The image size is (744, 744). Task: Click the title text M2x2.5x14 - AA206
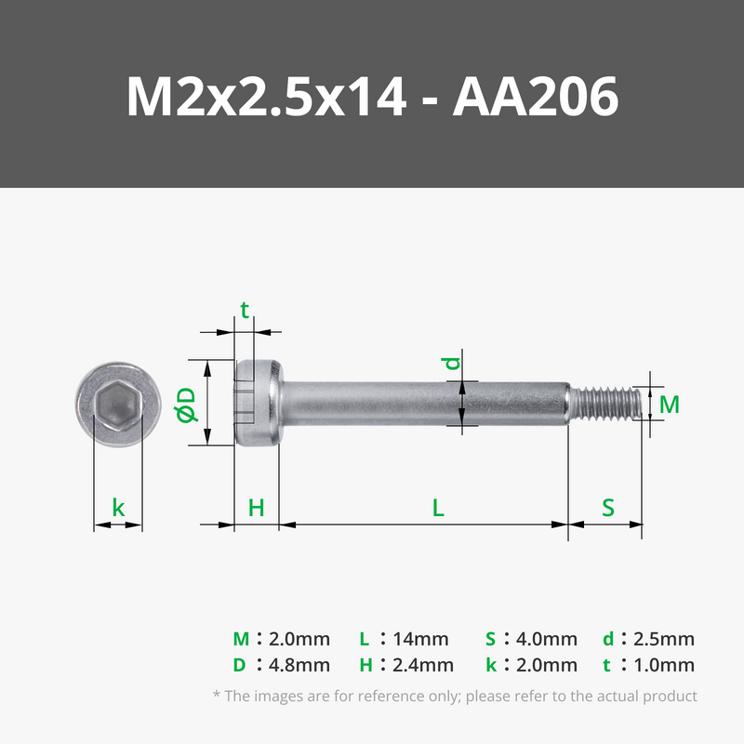[372, 97]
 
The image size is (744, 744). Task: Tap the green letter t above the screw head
[245, 311]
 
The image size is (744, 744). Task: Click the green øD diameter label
[185, 405]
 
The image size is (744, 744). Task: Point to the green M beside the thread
[670, 405]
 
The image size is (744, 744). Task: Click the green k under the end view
[118, 508]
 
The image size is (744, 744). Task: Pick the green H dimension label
[257, 508]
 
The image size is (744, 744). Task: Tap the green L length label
[438, 508]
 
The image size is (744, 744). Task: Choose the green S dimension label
[608, 508]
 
